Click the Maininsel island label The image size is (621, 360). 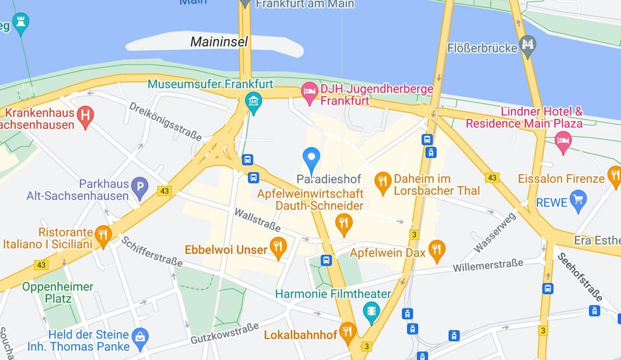[219, 42]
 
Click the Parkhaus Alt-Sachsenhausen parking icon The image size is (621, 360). [140, 187]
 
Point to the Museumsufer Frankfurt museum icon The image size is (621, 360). [253, 102]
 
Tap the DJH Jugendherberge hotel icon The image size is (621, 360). [309, 91]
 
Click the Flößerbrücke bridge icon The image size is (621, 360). [528, 45]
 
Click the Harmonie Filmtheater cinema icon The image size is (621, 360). [371, 311]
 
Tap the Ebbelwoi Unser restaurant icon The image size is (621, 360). [278, 246]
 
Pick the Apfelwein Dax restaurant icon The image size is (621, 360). [437, 249]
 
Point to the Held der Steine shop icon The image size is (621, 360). [140, 337]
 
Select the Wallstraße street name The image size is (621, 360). [257, 220]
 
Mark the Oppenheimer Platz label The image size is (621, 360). [58, 292]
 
